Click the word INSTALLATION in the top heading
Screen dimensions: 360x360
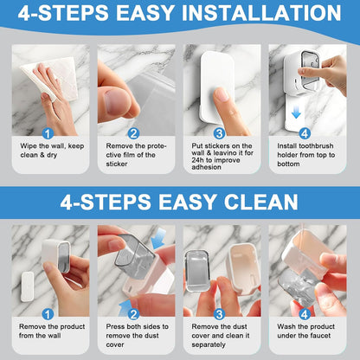coord(261,13)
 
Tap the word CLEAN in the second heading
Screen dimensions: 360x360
coord(261,202)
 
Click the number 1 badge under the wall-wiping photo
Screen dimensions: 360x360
coord(48,133)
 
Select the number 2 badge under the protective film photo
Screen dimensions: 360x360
coord(133,133)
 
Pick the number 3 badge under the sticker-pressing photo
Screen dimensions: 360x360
coord(219,133)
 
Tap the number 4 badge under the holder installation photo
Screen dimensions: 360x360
coord(305,133)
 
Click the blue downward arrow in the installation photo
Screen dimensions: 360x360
coord(296,112)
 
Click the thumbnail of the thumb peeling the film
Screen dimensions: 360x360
coord(117,101)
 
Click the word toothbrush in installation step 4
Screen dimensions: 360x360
coord(316,146)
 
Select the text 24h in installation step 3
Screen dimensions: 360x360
coord(198,160)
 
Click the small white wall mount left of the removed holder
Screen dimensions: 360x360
coord(28,286)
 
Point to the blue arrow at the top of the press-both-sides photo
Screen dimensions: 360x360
coord(158,238)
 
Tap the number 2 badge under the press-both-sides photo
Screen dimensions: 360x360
coord(133,314)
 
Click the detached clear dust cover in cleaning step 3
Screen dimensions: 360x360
coord(196,271)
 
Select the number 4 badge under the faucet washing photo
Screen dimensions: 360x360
coord(305,314)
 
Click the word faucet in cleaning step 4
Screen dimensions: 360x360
coord(320,336)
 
